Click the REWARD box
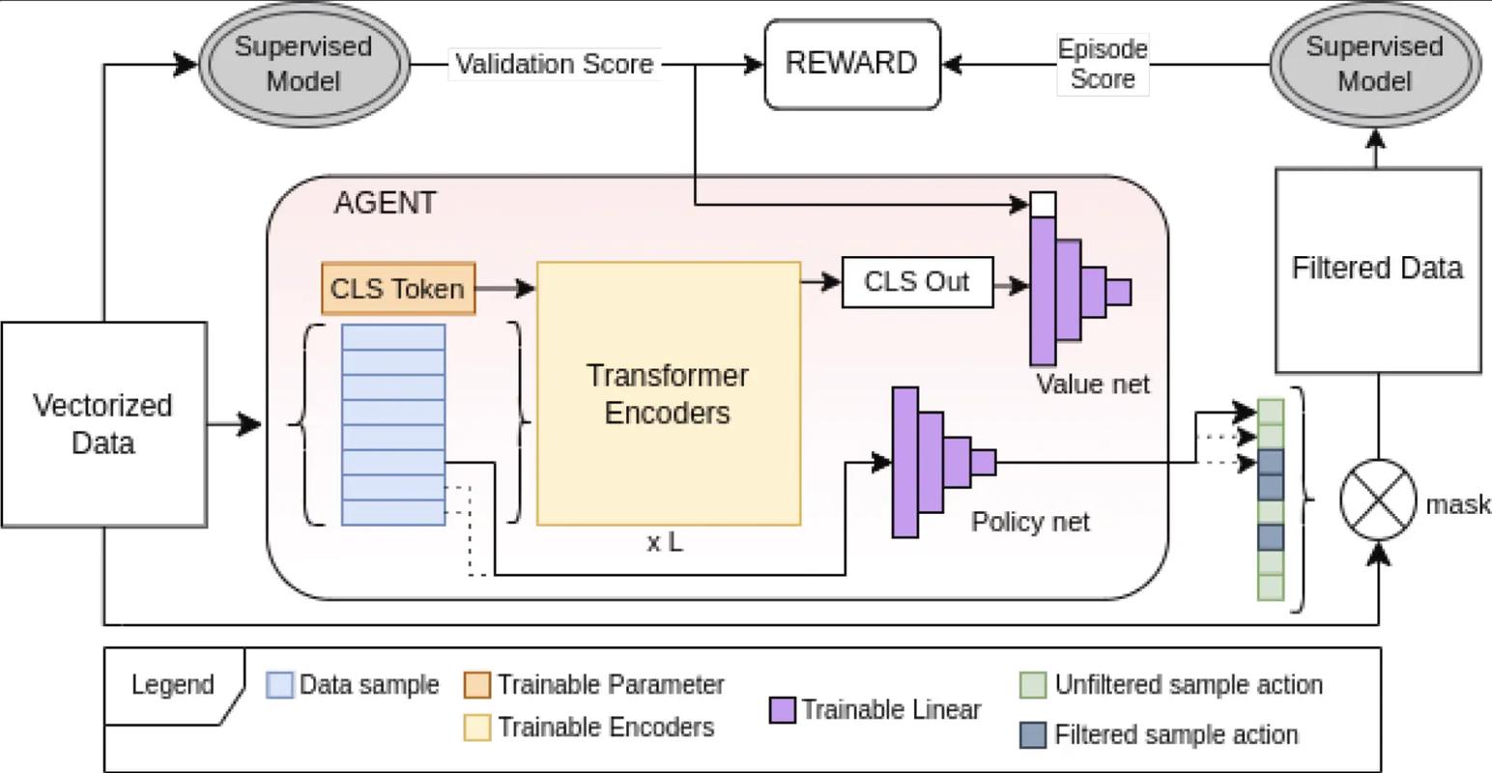pos(851,64)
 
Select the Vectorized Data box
pos(103,424)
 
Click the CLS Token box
pos(398,288)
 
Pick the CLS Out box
pos(916,282)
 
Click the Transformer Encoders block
pos(668,393)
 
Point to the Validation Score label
pos(555,65)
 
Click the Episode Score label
pos(1103,65)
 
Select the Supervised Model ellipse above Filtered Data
pos(1374,64)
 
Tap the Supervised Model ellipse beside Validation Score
pos(303,64)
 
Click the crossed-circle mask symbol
pos(1377,500)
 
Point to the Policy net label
pos(1030,522)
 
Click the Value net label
pos(1093,385)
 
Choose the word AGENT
pos(385,204)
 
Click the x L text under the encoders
pos(664,543)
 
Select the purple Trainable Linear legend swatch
pos(782,710)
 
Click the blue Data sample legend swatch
pos(279,685)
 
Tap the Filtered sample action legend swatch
pos(1033,735)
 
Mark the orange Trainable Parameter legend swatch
pos(477,685)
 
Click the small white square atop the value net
pos(1043,204)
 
